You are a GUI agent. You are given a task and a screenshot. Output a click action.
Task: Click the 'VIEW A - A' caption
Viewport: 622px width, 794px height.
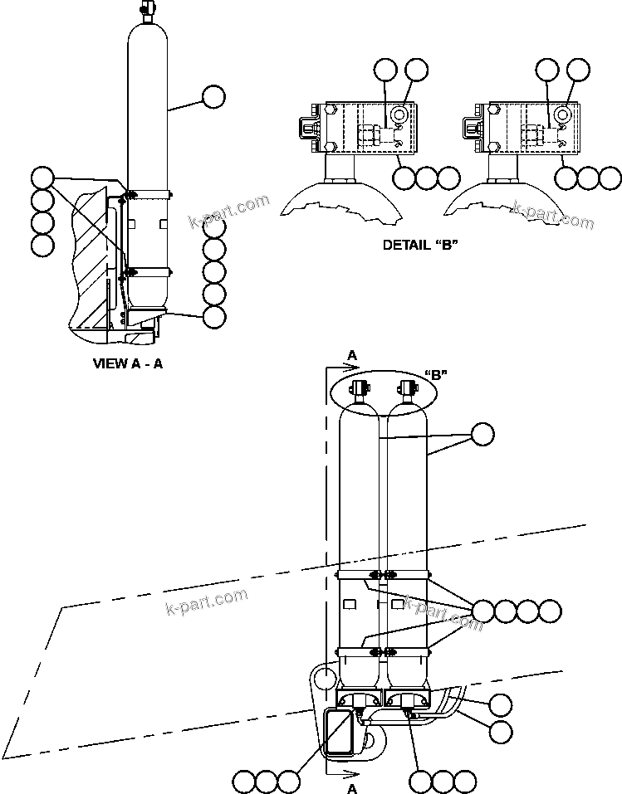click(x=127, y=363)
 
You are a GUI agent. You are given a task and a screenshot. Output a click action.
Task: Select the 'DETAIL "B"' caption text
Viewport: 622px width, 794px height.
click(x=420, y=245)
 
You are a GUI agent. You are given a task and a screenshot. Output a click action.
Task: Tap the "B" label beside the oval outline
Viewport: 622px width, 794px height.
click(x=437, y=374)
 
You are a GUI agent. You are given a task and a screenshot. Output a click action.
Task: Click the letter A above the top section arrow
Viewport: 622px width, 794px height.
click(x=351, y=355)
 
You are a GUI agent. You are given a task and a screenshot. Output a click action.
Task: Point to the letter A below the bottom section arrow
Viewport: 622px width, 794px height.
click(x=351, y=788)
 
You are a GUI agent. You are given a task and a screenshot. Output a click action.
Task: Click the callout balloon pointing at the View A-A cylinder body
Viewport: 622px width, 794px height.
click(x=213, y=96)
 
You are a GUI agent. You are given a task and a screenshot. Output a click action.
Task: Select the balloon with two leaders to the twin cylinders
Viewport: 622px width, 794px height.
click(x=482, y=434)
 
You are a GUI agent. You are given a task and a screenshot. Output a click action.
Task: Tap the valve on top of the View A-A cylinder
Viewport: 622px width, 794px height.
click(x=147, y=9)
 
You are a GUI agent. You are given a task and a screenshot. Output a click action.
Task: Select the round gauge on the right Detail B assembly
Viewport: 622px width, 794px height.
click(x=562, y=114)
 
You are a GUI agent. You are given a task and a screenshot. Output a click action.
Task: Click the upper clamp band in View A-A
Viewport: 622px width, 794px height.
click(x=148, y=196)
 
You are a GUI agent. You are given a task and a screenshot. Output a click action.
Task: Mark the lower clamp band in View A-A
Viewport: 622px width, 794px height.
click(x=148, y=271)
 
